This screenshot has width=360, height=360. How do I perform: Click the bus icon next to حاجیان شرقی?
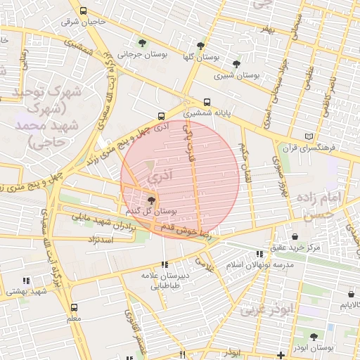click(84, 11)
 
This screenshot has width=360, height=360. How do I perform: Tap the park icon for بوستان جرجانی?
click(143, 43)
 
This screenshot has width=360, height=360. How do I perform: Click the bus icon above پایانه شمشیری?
click(206, 102)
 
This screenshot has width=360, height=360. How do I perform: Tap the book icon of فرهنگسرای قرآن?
click(307, 136)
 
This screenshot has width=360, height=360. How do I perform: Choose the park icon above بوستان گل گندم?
click(151, 200)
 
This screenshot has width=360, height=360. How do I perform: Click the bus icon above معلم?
click(75, 307)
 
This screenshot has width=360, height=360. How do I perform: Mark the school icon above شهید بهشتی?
click(27, 281)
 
